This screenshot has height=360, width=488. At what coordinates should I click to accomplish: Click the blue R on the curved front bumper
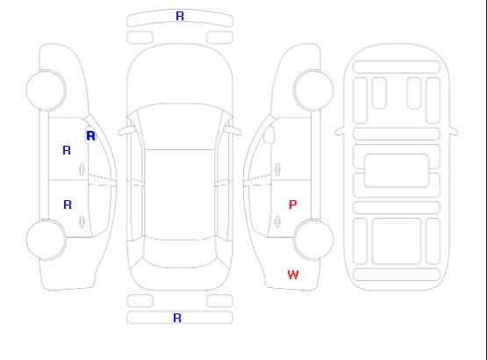[180, 16]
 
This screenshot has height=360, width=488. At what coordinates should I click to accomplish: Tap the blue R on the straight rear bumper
[177, 318]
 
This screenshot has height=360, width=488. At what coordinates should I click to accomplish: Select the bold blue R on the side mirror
[90, 136]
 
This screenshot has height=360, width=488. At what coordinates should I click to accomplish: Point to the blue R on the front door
[67, 150]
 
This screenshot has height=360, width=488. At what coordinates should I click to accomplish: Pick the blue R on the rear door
[68, 205]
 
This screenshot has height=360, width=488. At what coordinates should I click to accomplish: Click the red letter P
[292, 205]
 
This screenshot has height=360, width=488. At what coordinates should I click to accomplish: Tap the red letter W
[293, 275]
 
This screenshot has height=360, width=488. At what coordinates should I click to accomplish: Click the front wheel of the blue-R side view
[46, 90]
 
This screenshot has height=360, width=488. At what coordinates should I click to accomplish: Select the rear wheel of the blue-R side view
[46, 240]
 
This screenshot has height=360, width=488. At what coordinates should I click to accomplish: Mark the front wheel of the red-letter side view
[313, 90]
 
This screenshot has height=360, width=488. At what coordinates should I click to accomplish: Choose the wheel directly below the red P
[313, 240]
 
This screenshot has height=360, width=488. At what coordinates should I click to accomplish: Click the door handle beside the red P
[277, 222]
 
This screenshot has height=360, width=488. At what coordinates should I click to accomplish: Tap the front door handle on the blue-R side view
[83, 169]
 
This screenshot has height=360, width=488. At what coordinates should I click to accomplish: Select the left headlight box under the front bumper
[140, 38]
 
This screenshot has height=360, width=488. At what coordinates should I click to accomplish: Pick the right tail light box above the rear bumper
[219, 301]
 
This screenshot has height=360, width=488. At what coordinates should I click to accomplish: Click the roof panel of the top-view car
[180, 195]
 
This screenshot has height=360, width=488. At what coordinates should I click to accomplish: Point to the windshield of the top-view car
[180, 126]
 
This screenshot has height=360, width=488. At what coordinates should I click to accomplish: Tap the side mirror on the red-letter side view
[269, 134]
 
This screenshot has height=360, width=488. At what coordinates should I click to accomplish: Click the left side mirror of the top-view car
[126, 131]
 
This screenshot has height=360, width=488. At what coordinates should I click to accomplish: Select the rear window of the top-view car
[180, 253]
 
